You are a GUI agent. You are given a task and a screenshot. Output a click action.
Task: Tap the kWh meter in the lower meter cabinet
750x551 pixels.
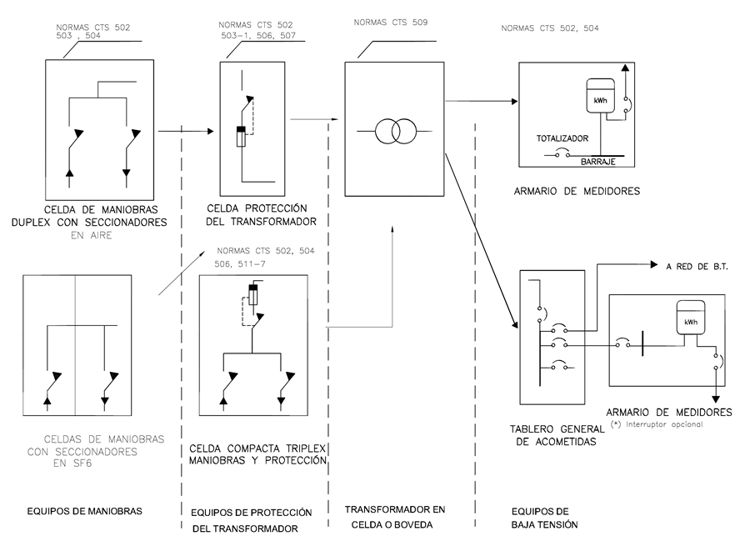coord(691,318)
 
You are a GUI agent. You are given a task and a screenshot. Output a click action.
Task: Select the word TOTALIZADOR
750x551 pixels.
coord(562,138)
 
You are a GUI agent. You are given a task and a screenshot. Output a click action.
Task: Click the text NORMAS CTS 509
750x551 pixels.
coord(390,23)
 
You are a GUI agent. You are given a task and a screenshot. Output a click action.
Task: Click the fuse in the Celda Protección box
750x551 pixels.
coord(242,136)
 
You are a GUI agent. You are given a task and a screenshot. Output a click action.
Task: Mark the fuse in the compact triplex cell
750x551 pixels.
coord(252,296)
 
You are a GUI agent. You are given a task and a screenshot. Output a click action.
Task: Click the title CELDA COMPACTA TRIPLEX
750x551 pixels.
coord(257,448)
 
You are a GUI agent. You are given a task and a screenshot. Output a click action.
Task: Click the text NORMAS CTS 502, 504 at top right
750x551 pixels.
coord(550,28)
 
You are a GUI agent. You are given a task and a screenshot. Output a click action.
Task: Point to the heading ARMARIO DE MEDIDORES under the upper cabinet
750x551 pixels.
coord(577,191)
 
